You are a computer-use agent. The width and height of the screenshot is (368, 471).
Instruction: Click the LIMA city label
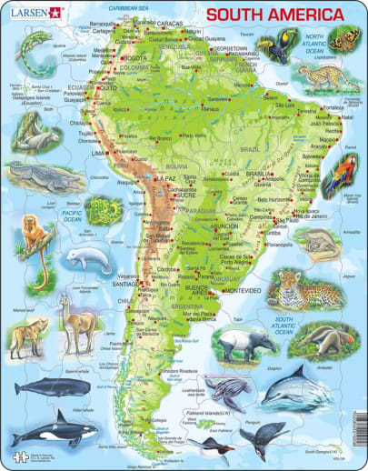point(97,155)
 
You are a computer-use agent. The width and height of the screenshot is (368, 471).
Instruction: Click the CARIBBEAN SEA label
point(136,8)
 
